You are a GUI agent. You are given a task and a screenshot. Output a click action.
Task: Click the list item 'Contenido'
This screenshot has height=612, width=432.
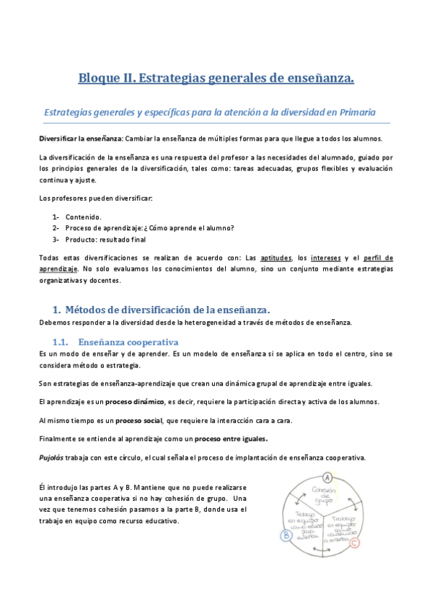tap(83, 217)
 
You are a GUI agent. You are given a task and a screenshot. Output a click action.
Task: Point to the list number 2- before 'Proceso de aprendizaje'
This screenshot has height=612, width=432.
tap(56, 228)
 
